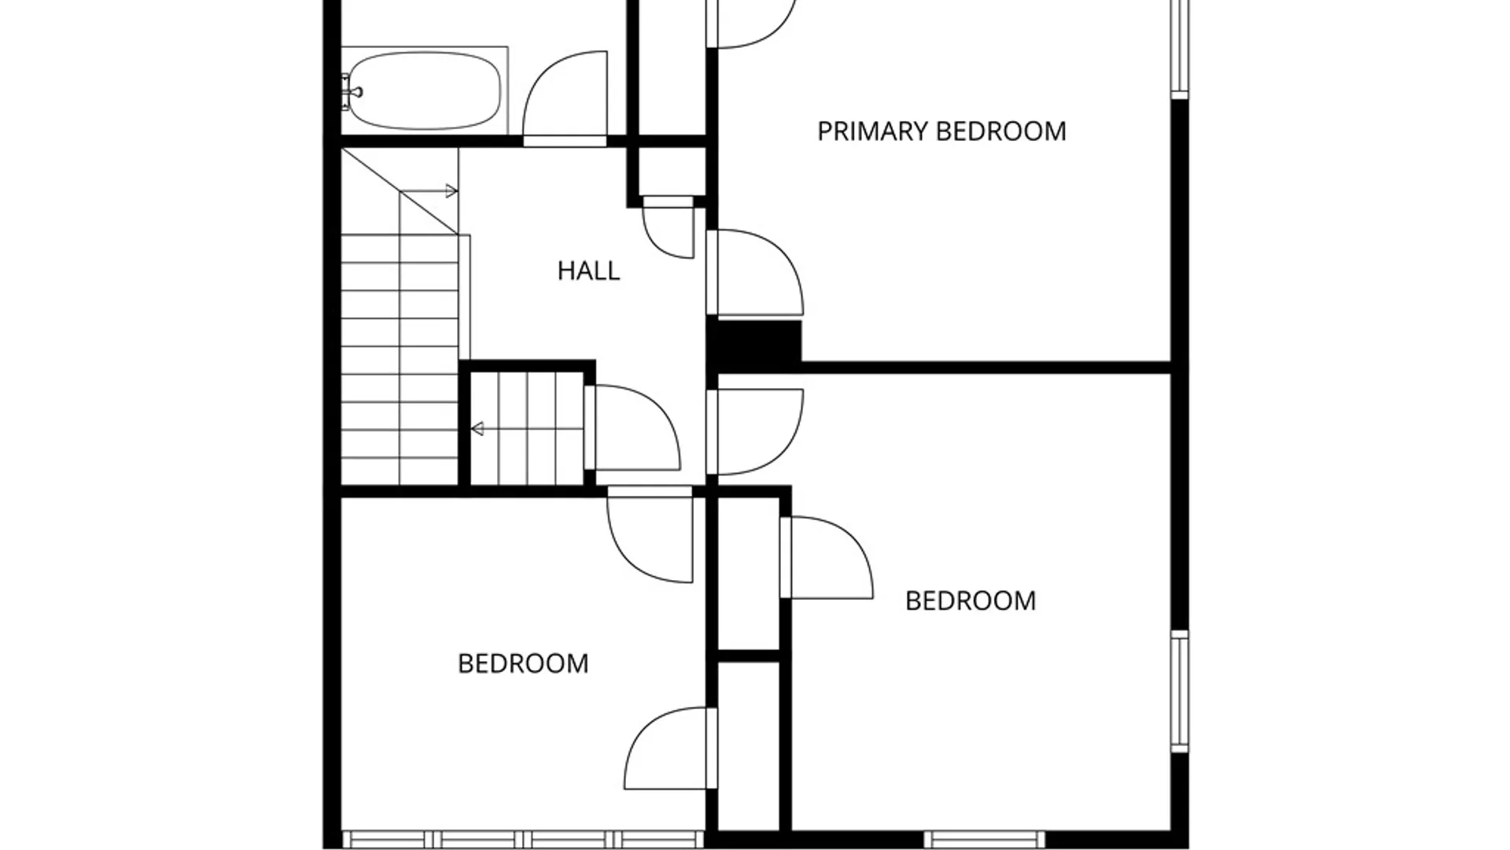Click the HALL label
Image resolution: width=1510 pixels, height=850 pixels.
click(x=588, y=271)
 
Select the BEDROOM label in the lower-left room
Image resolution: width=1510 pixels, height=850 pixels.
click(x=523, y=663)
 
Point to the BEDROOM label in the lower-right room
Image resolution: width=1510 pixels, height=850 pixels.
click(x=970, y=601)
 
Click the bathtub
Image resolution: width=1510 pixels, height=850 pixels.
click(x=425, y=91)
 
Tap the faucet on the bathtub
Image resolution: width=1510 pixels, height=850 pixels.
click(x=351, y=91)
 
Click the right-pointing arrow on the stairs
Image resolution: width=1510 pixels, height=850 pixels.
click(x=429, y=190)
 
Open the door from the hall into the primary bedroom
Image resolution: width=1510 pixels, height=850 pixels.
click(x=755, y=272)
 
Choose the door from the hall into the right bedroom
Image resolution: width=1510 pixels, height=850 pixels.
click(x=755, y=432)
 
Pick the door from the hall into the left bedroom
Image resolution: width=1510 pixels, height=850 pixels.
click(x=650, y=535)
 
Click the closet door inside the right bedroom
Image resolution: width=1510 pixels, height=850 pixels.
click(x=826, y=557)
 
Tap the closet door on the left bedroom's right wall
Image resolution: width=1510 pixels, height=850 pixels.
click(x=671, y=748)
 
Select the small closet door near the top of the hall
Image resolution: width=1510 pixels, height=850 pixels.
click(x=668, y=227)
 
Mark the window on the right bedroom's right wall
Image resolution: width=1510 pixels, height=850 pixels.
click(x=1180, y=690)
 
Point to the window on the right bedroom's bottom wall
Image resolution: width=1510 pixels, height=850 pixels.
click(x=985, y=840)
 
